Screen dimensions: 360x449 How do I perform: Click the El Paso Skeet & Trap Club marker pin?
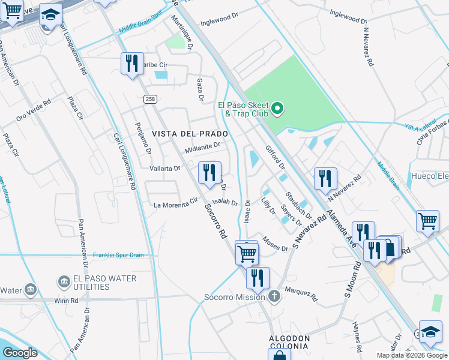pyautogui.click(x=277, y=109)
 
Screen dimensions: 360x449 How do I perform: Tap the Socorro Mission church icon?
pyautogui.click(x=274, y=296)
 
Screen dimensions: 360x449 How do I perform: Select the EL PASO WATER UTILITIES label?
pyautogui.click(x=96, y=283)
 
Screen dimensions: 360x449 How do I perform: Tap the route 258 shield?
pyautogui.click(x=150, y=98)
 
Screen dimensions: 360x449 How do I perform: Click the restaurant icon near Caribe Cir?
pyautogui.click(x=132, y=64)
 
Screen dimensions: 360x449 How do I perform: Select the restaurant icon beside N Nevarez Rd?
pyautogui.click(x=325, y=178)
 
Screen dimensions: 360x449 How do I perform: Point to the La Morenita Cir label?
pyautogui.click(x=175, y=205)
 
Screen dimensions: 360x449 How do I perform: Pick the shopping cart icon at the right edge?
pyautogui.click(x=428, y=220)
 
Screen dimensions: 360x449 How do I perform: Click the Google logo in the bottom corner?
pyautogui.click(x=20, y=353)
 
